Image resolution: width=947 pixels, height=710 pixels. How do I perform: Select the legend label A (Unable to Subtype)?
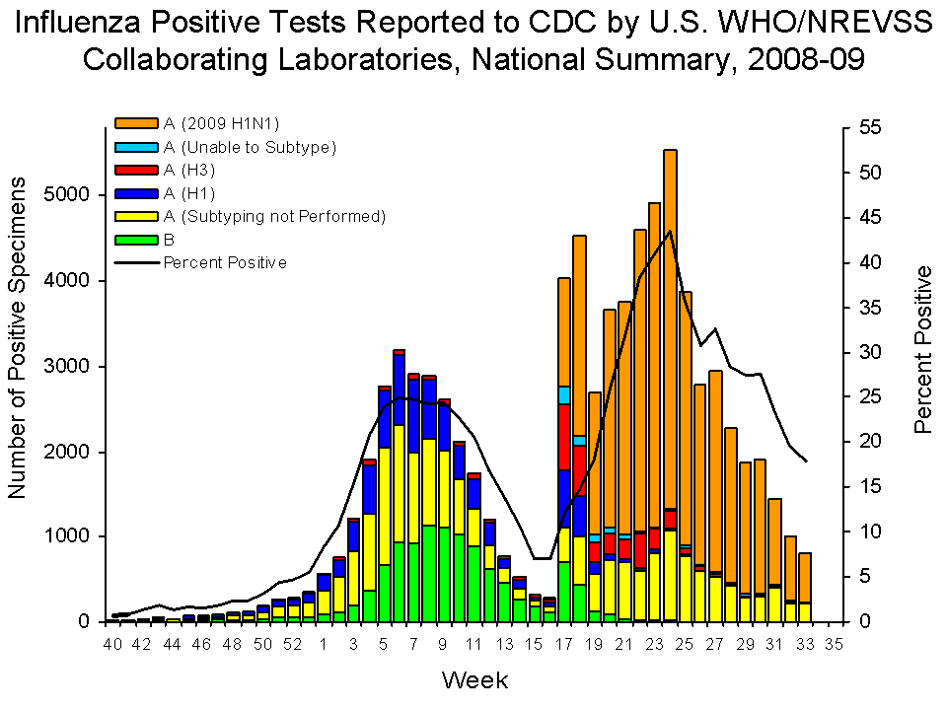pyautogui.click(x=250, y=147)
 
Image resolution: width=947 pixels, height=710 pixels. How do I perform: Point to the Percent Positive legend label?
pyautogui.click(x=225, y=262)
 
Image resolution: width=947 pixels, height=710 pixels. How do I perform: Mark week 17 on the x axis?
pyautogui.click(x=563, y=645)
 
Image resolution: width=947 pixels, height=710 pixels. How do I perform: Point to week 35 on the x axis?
pyautogui.click(x=835, y=645)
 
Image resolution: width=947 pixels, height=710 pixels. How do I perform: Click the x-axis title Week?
pyautogui.click(x=474, y=679)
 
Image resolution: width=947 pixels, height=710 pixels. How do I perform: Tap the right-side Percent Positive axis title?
pyautogui.click(x=923, y=349)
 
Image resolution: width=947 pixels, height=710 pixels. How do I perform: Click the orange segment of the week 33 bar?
pyautogui.click(x=805, y=577)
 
